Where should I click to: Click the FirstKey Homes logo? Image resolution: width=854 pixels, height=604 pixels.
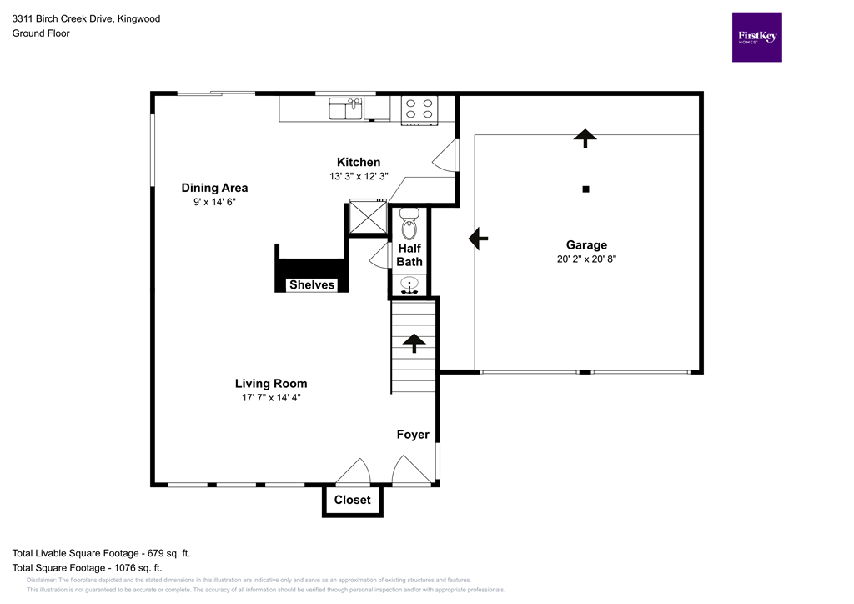pyautogui.click(x=756, y=37)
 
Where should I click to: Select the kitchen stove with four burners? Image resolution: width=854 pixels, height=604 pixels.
pyautogui.click(x=419, y=108)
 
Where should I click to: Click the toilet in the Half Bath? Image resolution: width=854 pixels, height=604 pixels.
pyautogui.click(x=409, y=226)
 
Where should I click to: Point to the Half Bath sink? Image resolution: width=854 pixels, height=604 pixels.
pyautogui.click(x=409, y=285)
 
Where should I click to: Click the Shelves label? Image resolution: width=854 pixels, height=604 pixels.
pyautogui.click(x=312, y=285)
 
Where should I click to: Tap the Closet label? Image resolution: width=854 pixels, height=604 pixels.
pyautogui.click(x=352, y=500)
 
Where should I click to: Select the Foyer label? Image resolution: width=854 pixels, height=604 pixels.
pyautogui.click(x=413, y=435)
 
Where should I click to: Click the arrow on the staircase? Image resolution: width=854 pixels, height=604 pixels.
pyautogui.click(x=413, y=342)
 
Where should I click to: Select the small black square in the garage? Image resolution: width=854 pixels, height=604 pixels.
pyautogui.click(x=585, y=189)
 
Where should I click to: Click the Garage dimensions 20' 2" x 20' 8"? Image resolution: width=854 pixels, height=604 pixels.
pyautogui.click(x=586, y=259)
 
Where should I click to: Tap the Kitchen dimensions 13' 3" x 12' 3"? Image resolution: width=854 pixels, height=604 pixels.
pyautogui.click(x=359, y=176)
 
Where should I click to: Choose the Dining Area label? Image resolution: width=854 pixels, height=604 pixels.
pyautogui.click(x=214, y=188)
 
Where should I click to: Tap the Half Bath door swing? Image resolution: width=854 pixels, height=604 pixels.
pyautogui.click(x=379, y=255)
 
